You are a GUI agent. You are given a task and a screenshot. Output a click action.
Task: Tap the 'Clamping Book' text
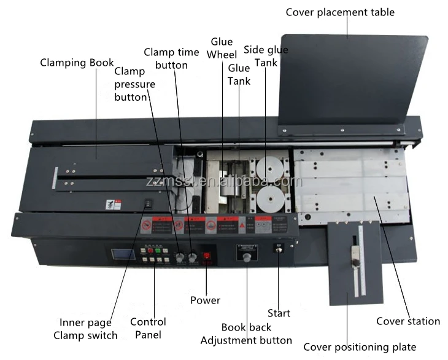77,63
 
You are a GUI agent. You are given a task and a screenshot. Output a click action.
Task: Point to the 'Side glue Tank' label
265,56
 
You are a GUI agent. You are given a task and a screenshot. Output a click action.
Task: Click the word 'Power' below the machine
205,300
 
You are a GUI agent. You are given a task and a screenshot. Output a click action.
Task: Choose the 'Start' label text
278,313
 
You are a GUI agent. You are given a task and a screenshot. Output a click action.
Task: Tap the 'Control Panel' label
148,328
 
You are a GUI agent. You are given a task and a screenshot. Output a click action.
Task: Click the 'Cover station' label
407,321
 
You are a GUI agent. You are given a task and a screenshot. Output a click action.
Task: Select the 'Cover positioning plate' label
360,347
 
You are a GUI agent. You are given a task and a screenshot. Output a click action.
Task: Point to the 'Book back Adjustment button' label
246,334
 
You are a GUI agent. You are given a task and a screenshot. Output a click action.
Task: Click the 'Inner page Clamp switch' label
85,329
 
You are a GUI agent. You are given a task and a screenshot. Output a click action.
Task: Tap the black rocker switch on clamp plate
147,206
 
